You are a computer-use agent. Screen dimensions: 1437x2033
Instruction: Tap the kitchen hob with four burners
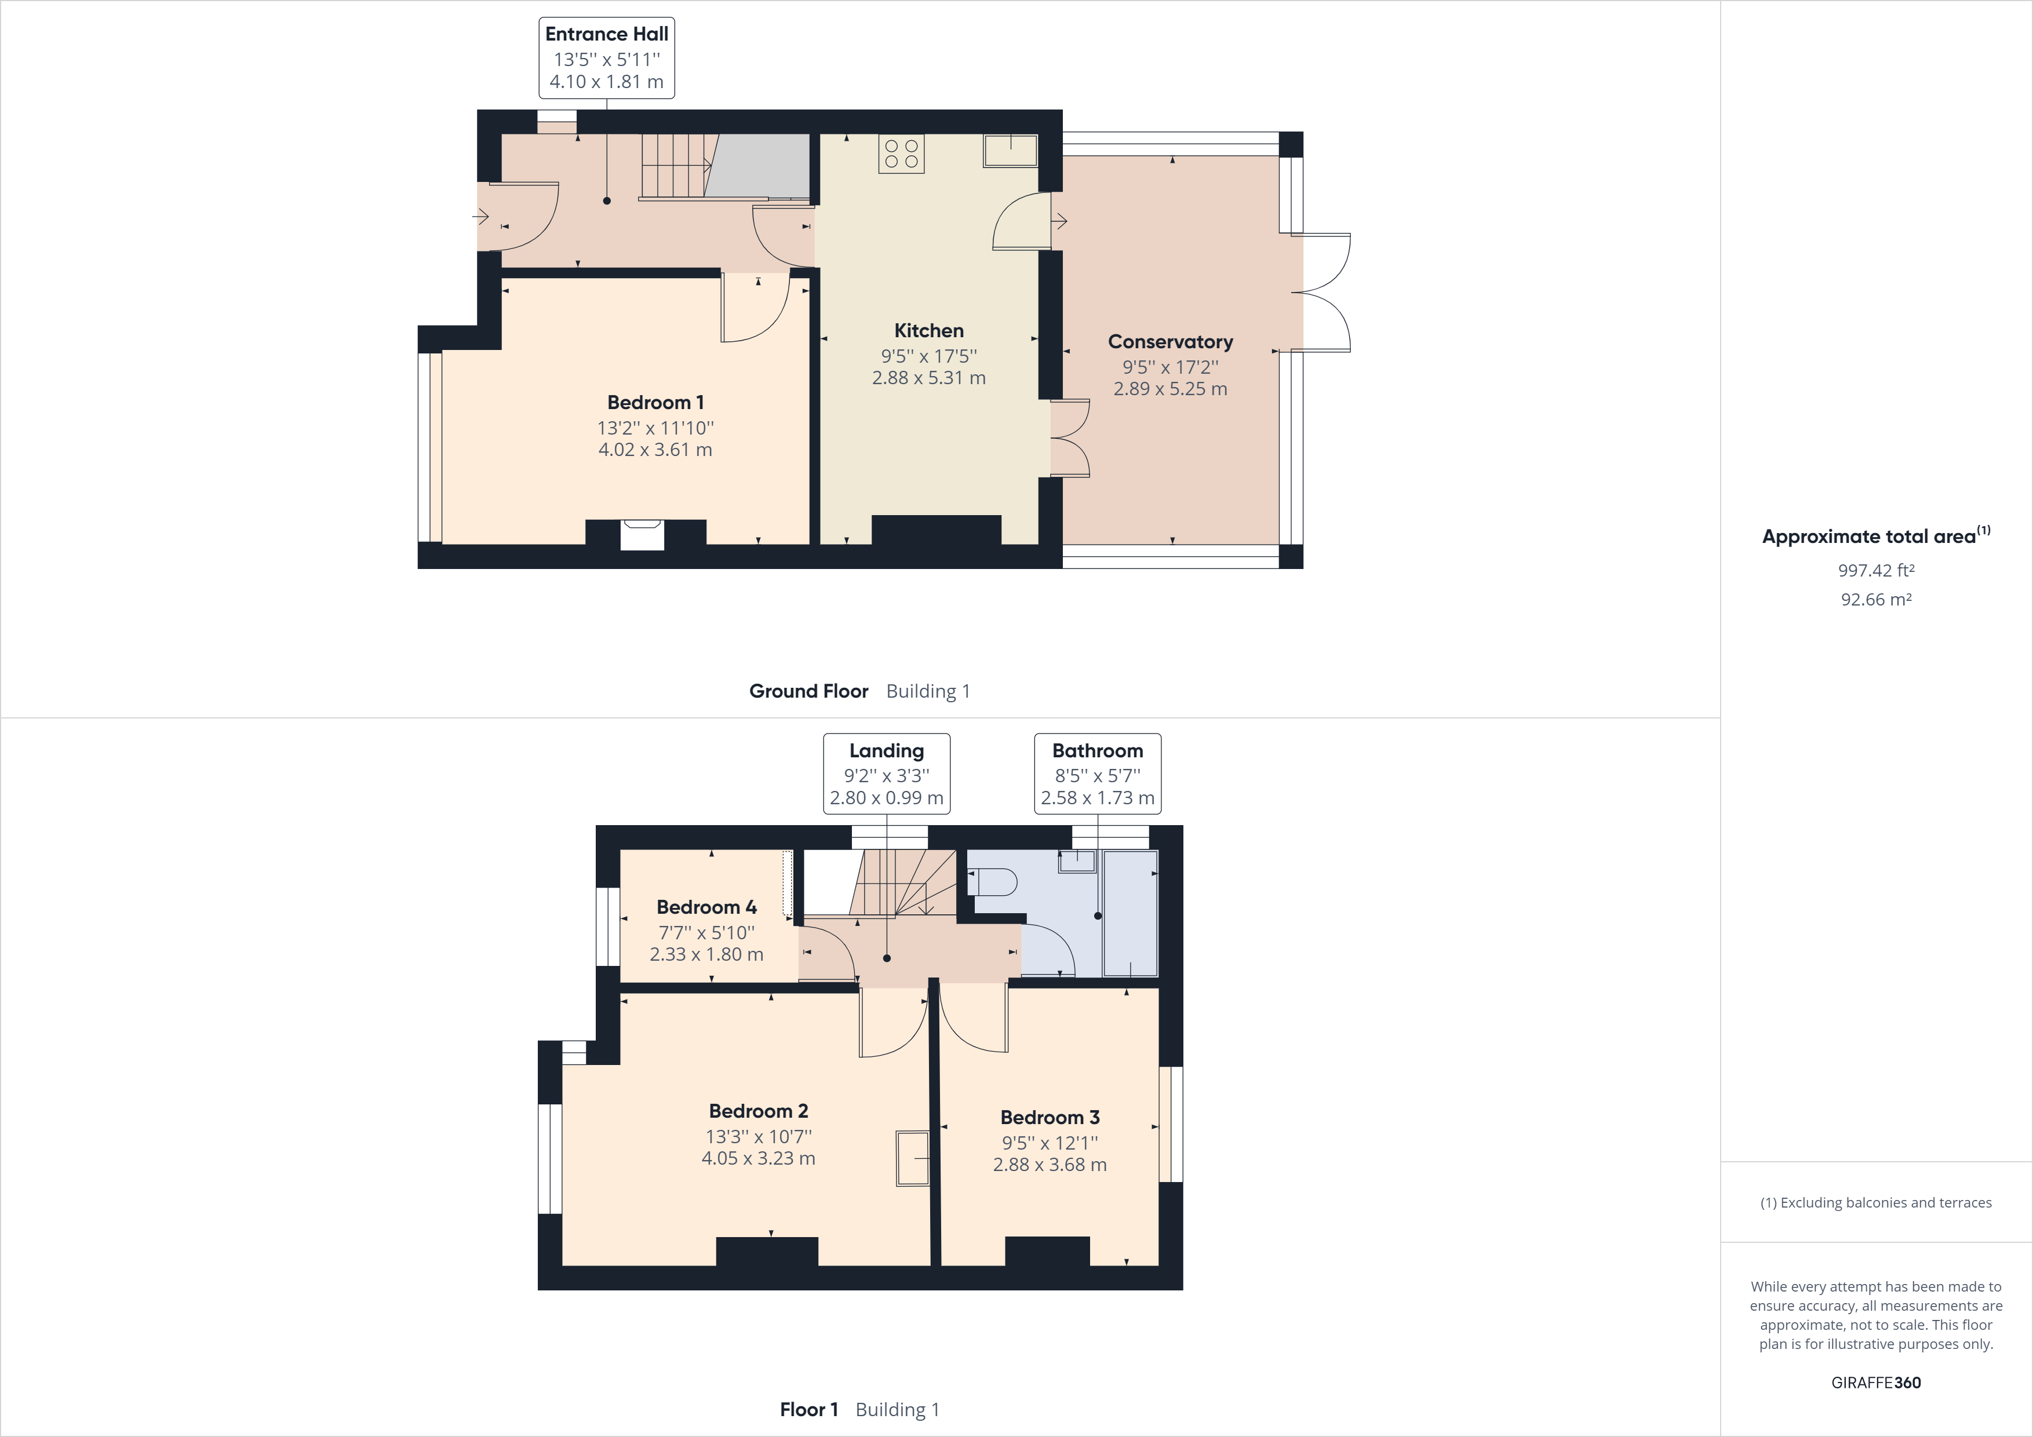[901, 153]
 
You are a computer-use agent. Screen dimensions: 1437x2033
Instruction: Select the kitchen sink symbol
[1010, 151]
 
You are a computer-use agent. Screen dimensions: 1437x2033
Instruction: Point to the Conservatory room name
[1169, 342]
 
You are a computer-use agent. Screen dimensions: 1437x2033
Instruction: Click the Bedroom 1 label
[655, 403]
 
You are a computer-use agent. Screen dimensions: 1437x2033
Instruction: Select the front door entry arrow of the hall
[482, 216]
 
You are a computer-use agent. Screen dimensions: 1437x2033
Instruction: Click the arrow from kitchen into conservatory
[1059, 221]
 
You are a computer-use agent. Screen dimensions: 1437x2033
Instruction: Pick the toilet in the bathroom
[993, 882]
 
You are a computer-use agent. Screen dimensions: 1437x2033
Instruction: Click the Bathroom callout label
[1097, 751]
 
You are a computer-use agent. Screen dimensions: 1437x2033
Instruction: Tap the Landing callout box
[886, 773]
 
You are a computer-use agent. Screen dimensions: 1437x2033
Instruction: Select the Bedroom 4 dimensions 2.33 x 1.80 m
[706, 954]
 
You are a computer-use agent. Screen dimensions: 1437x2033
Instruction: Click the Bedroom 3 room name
[1050, 1117]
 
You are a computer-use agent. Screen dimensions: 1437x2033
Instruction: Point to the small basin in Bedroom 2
[912, 1158]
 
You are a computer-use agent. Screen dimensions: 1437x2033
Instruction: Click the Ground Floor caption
[808, 691]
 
